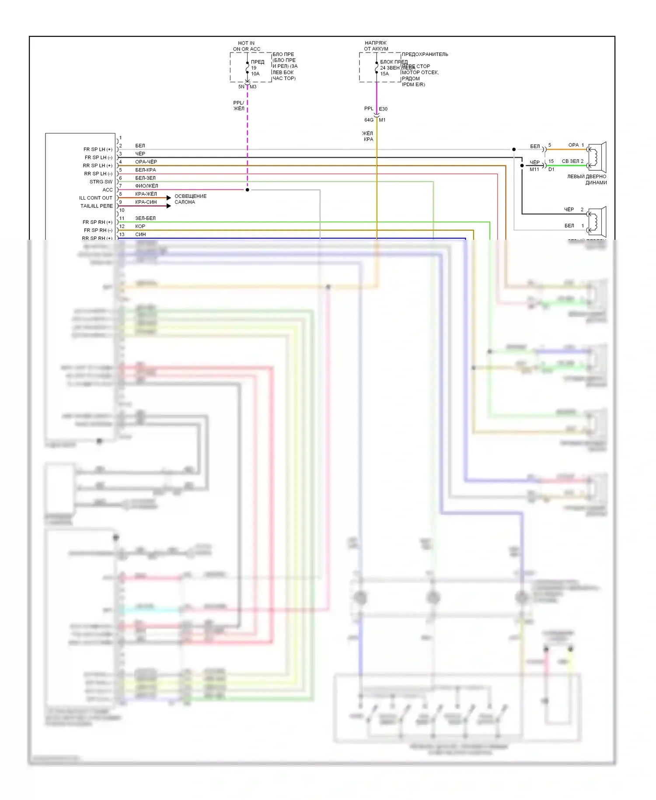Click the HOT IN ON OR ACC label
click(246, 46)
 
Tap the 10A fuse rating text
click(255, 74)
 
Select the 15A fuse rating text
click(384, 74)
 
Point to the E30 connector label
click(383, 109)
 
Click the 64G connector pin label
click(369, 120)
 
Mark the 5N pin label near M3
click(241, 87)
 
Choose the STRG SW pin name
click(101, 182)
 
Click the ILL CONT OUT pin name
click(96, 198)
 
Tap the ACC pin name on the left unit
click(108, 190)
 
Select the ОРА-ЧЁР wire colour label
click(146, 162)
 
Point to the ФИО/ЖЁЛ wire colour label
click(147, 186)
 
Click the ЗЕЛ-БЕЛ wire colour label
click(145, 218)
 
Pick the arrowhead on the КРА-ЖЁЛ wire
click(169, 198)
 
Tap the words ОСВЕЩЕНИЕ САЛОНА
click(190, 199)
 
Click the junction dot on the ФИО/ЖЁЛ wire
click(248, 190)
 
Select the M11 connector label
click(534, 169)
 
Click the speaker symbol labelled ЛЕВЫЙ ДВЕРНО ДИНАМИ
click(597, 156)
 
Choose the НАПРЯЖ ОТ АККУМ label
click(376, 46)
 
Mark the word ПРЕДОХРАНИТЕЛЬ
click(425, 54)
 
